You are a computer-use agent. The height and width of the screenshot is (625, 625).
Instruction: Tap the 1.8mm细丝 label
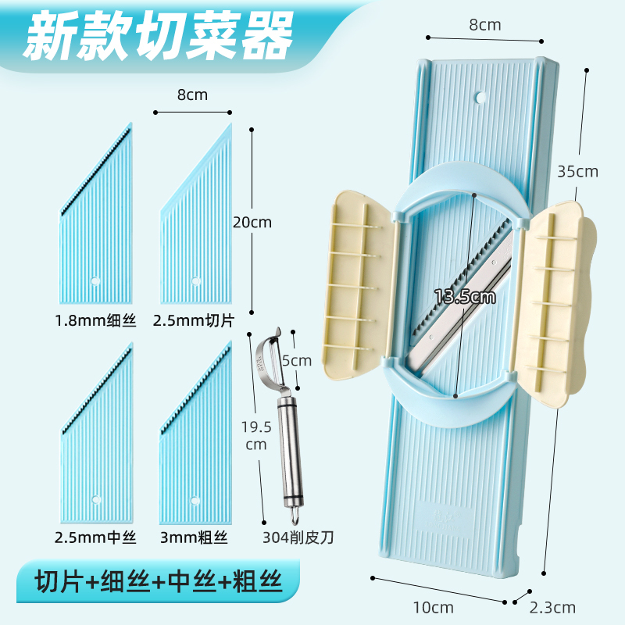click(x=95, y=320)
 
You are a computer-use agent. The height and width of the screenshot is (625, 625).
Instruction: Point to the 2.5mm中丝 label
click(x=95, y=537)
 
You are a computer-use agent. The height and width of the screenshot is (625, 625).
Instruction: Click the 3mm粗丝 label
click(x=195, y=537)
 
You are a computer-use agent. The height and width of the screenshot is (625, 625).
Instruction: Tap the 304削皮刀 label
click(x=299, y=537)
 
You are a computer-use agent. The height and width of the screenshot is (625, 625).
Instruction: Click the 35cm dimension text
click(x=577, y=171)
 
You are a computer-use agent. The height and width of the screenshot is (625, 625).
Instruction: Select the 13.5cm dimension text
click(x=466, y=297)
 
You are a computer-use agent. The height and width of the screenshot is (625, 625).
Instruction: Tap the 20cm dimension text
click(x=252, y=222)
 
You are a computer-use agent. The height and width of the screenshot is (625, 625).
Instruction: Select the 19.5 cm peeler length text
click(x=255, y=436)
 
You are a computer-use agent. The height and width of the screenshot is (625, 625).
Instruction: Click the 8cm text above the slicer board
click(x=484, y=25)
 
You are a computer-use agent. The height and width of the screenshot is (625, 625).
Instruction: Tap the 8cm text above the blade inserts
click(x=192, y=95)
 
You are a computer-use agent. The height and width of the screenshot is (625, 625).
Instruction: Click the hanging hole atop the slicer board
click(x=480, y=98)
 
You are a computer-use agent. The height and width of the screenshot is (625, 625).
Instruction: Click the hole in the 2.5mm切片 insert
click(x=195, y=280)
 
